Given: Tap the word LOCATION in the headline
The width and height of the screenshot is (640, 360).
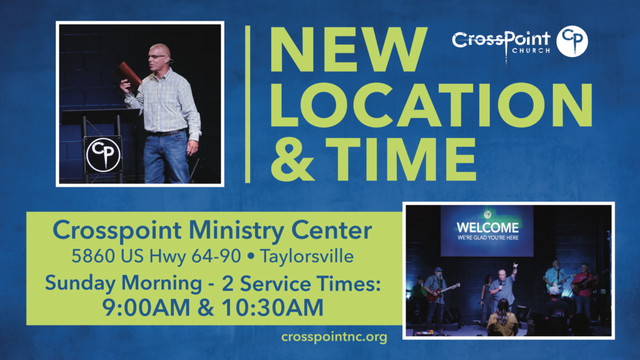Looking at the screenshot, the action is tap(431, 105).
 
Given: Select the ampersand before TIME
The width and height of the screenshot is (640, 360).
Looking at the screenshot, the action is tap(292, 159).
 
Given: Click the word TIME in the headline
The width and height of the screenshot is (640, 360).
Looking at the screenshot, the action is tap(401, 159).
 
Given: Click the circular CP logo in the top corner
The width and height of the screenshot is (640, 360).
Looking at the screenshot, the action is tap(572, 41).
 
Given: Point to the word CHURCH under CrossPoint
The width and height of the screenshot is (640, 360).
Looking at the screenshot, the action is tap(531, 51).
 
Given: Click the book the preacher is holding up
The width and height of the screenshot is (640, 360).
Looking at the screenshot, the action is tap(127, 75).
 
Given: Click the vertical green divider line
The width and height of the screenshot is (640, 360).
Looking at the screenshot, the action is tap(247, 104).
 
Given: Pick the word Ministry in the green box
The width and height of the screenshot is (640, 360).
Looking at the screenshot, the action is tap(236, 231).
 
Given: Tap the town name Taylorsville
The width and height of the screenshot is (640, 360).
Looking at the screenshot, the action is tap(306, 256).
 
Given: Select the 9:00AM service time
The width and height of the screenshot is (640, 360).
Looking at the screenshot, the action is tap(146, 307).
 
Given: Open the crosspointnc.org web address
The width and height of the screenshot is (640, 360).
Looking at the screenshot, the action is tap(334, 337).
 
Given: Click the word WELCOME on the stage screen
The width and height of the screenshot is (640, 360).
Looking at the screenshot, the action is tap(487, 227).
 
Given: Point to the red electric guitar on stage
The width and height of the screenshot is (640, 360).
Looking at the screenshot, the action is tap(443, 291).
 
